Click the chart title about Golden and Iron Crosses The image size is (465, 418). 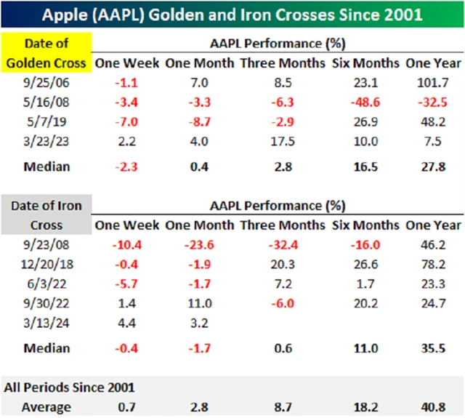[x=232, y=15]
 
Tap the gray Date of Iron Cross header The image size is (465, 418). [x=46, y=216]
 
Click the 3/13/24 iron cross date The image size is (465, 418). [x=46, y=326]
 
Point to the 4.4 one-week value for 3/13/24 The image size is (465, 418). [x=122, y=326]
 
